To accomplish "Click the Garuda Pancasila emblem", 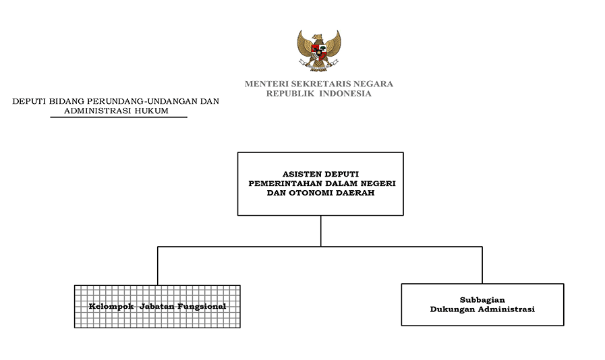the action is pyautogui.click(x=319, y=51).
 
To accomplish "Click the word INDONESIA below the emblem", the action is pyautogui.click(x=345, y=94).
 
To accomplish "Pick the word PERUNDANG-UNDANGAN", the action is pyautogui.click(x=144, y=101).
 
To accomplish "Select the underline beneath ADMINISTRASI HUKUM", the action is pyautogui.click(x=119, y=117).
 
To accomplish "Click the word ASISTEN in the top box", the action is pyautogui.click(x=302, y=174).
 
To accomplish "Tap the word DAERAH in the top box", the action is pyautogui.click(x=357, y=193).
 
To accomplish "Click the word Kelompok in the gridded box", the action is pyautogui.click(x=111, y=306).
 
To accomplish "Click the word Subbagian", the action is pyautogui.click(x=482, y=300).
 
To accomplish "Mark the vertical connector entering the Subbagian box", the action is pyautogui.click(x=482, y=265).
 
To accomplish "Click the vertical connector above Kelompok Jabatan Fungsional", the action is pyautogui.click(x=157, y=266).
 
